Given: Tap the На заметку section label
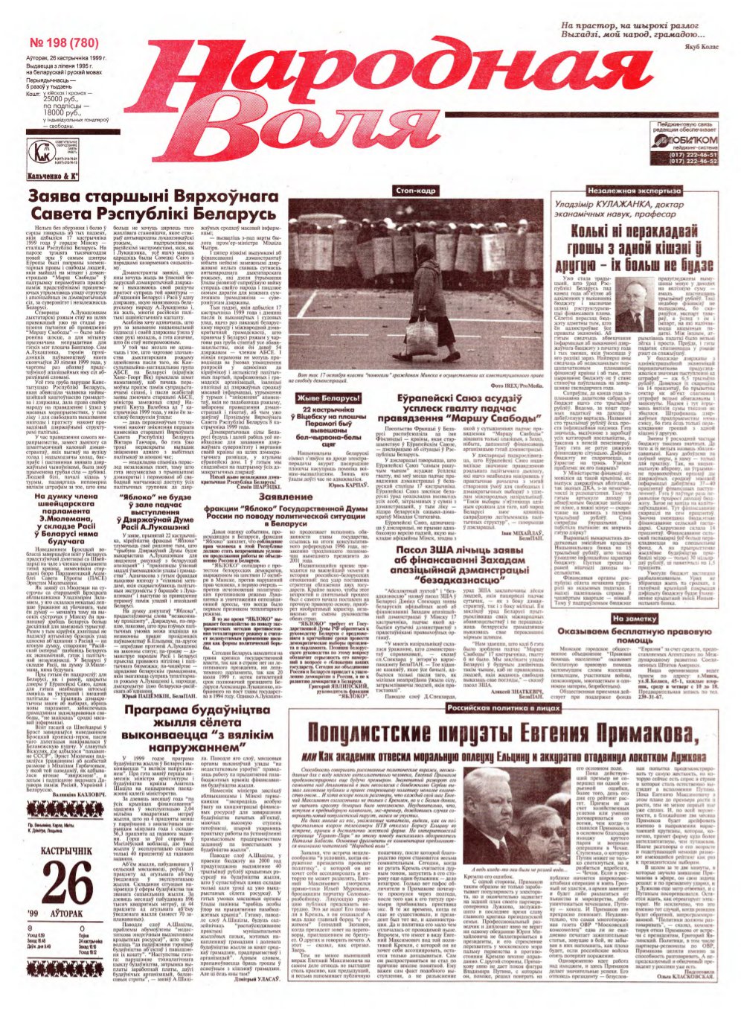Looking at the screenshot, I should [x=635, y=619].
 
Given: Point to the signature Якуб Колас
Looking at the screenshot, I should [x=698, y=48].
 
